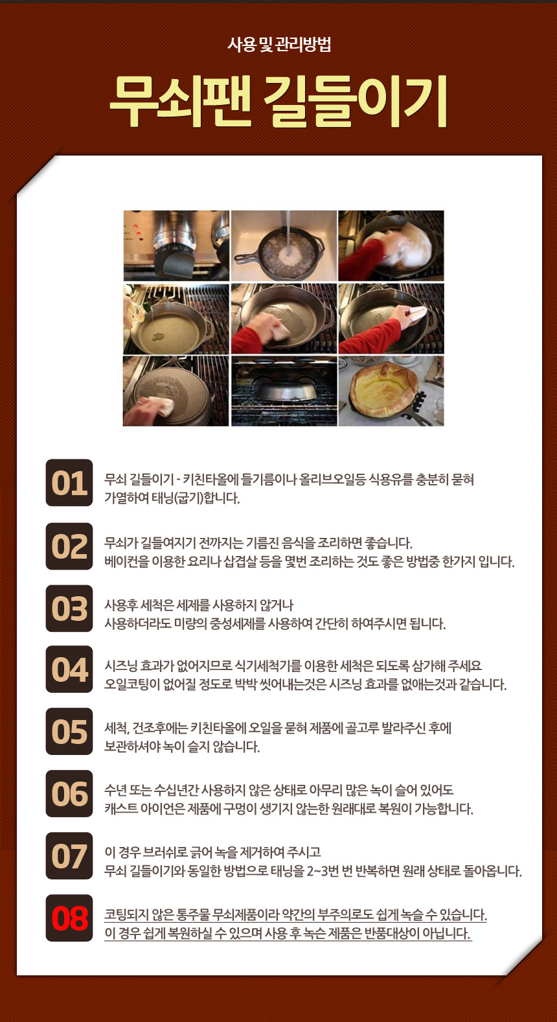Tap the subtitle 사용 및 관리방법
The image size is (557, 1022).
click(x=278, y=45)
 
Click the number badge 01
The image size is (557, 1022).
click(x=69, y=483)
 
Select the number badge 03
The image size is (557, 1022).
click(x=69, y=609)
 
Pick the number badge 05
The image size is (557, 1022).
click(x=69, y=732)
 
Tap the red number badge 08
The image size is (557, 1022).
click(x=69, y=918)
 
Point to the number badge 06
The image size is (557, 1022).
click(x=69, y=794)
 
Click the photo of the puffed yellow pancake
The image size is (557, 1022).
click(x=391, y=391)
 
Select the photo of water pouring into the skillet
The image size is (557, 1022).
click(x=284, y=246)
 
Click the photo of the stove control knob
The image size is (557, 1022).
click(x=176, y=246)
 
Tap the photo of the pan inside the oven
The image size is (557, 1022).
click(x=284, y=391)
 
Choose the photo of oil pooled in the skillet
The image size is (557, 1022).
click(x=176, y=319)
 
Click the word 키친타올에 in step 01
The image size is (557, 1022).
click(x=211, y=480)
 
